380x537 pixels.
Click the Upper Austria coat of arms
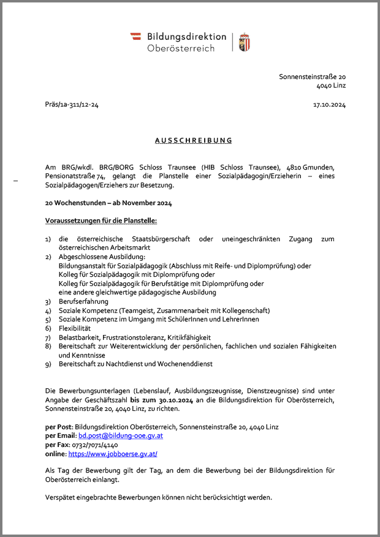click(x=244, y=42)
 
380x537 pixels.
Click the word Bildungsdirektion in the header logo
click(x=186, y=37)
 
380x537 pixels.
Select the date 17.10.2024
click(x=329, y=105)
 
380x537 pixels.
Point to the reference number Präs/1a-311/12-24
click(x=72, y=105)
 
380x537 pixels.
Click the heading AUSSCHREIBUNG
click(x=193, y=140)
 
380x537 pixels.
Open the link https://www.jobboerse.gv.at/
click(x=112, y=454)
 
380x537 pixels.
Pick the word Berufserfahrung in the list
click(x=83, y=301)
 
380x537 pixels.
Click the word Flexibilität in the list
click(x=75, y=328)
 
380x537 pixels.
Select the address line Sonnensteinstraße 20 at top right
click(x=313, y=77)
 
